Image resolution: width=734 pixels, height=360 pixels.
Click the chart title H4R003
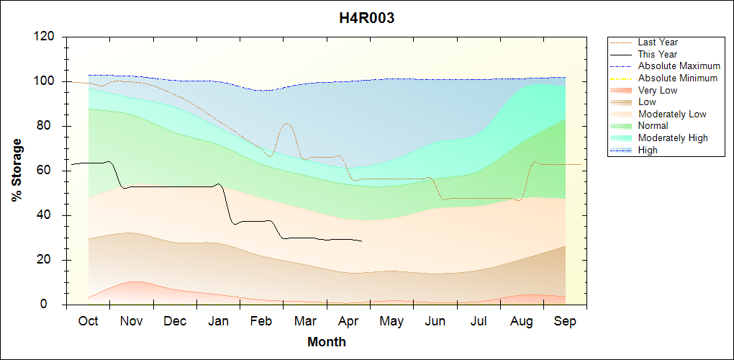367,19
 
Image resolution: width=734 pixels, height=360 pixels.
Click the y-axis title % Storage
17,171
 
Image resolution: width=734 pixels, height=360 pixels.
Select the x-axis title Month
327,342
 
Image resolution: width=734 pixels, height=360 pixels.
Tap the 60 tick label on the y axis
50,171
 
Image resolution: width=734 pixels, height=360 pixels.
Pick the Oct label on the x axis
88,321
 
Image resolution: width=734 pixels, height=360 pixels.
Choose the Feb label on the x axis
262,321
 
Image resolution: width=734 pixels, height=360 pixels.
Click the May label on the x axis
391,321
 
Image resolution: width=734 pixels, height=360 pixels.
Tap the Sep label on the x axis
565,321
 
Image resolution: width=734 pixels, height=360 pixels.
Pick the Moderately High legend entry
673,138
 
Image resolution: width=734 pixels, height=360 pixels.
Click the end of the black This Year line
362,241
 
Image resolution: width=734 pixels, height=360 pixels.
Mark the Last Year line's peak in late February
286,123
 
